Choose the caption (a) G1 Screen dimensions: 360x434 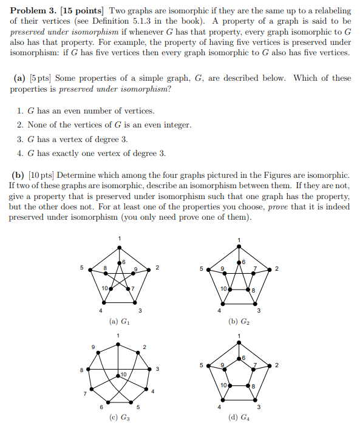click(x=119, y=321)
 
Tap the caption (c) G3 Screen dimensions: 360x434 click(x=119, y=418)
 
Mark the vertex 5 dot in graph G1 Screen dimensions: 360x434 click(x=90, y=269)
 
